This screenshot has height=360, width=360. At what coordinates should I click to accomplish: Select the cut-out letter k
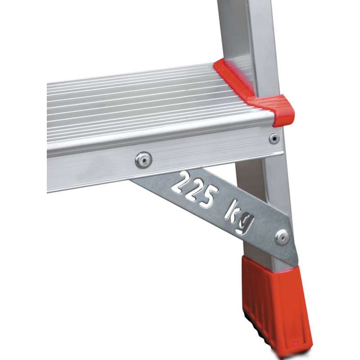[232, 211]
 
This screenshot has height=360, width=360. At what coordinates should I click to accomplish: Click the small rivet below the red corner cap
[274, 139]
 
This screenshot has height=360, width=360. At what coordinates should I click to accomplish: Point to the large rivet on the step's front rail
[143, 160]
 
